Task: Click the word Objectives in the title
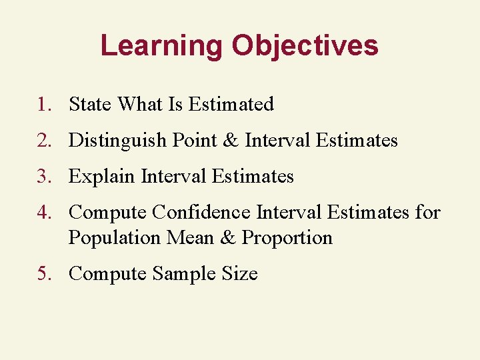(305, 45)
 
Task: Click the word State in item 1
(91, 105)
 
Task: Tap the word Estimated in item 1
(231, 105)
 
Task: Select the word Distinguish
(117, 141)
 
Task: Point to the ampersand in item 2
(229, 141)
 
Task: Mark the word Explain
(102, 177)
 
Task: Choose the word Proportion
(287, 238)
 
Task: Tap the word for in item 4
(427, 213)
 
